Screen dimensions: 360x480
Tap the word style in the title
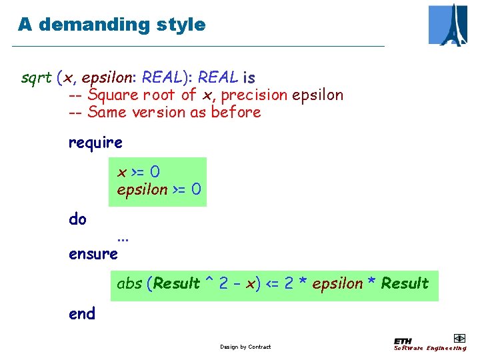(181, 25)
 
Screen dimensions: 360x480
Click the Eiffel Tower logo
(448, 25)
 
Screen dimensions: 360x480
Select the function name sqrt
(36, 78)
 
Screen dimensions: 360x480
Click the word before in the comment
(236, 113)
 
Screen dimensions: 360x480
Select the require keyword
(95, 143)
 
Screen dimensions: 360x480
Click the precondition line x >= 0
(139, 173)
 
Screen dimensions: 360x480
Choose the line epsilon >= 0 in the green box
(159, 189)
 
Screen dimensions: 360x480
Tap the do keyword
(77, 219)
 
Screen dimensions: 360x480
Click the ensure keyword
(93, 254)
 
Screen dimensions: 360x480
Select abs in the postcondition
(129, 284)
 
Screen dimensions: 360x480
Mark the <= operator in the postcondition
(273, 284)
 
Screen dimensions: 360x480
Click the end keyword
(82, 314)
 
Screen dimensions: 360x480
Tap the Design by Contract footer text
(245, 347)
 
